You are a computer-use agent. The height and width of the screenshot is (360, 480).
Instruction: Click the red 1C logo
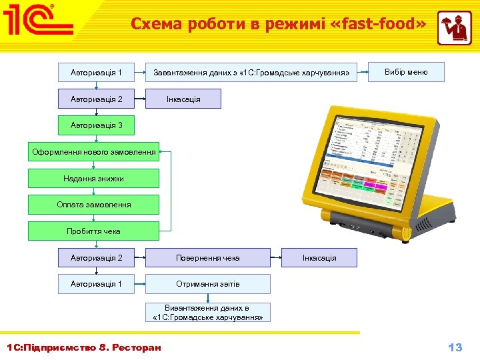click(39, 22)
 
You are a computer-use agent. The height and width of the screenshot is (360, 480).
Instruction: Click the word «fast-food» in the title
click(377, 24)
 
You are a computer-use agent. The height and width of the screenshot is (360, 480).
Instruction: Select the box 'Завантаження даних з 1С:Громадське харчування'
click(251, 72)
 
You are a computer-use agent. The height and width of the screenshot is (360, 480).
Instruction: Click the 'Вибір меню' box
click(406, 72)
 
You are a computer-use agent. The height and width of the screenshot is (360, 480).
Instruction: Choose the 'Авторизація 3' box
click(97, 125)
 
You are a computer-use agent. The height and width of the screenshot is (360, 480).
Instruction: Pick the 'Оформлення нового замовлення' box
click(94, 152)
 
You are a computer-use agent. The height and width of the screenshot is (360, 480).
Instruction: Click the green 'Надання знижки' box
click(94, 178)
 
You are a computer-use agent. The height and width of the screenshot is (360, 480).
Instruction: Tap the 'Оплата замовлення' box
click(94, 205)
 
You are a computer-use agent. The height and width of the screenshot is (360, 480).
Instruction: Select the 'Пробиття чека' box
click(94, 231)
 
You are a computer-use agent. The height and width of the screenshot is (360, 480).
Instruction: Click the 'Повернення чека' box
click(208, 257)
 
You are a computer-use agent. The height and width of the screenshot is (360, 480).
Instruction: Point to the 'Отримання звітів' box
click(208, 284)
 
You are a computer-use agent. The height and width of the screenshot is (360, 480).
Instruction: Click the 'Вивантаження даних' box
click(208, 312)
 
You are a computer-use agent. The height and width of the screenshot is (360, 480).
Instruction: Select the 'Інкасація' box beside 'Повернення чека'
click(319, 257)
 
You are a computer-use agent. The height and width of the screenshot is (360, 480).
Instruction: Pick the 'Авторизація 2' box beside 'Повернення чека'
click(97, 257)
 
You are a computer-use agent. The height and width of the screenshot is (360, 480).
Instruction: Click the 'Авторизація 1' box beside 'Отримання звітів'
click(97, 284)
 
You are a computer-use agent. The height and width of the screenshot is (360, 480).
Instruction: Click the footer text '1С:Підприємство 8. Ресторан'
click(84, 347)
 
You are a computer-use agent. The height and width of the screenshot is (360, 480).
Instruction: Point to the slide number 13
click(455, 347)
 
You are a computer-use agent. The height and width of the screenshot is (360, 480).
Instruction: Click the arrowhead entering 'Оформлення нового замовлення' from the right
click(163, 152)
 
